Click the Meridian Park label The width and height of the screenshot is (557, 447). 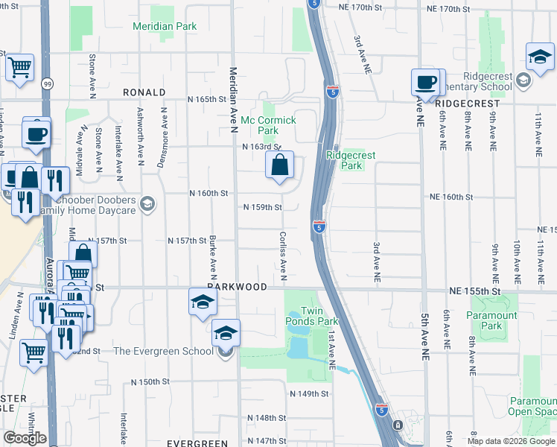(165, 26)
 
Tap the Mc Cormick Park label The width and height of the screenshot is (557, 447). (268, 125)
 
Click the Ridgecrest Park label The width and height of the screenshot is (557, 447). (351, 160)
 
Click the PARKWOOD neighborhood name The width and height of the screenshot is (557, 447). (237, 287)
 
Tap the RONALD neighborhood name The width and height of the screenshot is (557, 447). (145, 92)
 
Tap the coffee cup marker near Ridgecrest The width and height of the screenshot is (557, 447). (426, 82)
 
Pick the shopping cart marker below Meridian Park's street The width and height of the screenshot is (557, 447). (19, 67)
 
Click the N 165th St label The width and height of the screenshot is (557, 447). (206, 99)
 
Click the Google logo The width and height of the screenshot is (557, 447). (25, 438)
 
